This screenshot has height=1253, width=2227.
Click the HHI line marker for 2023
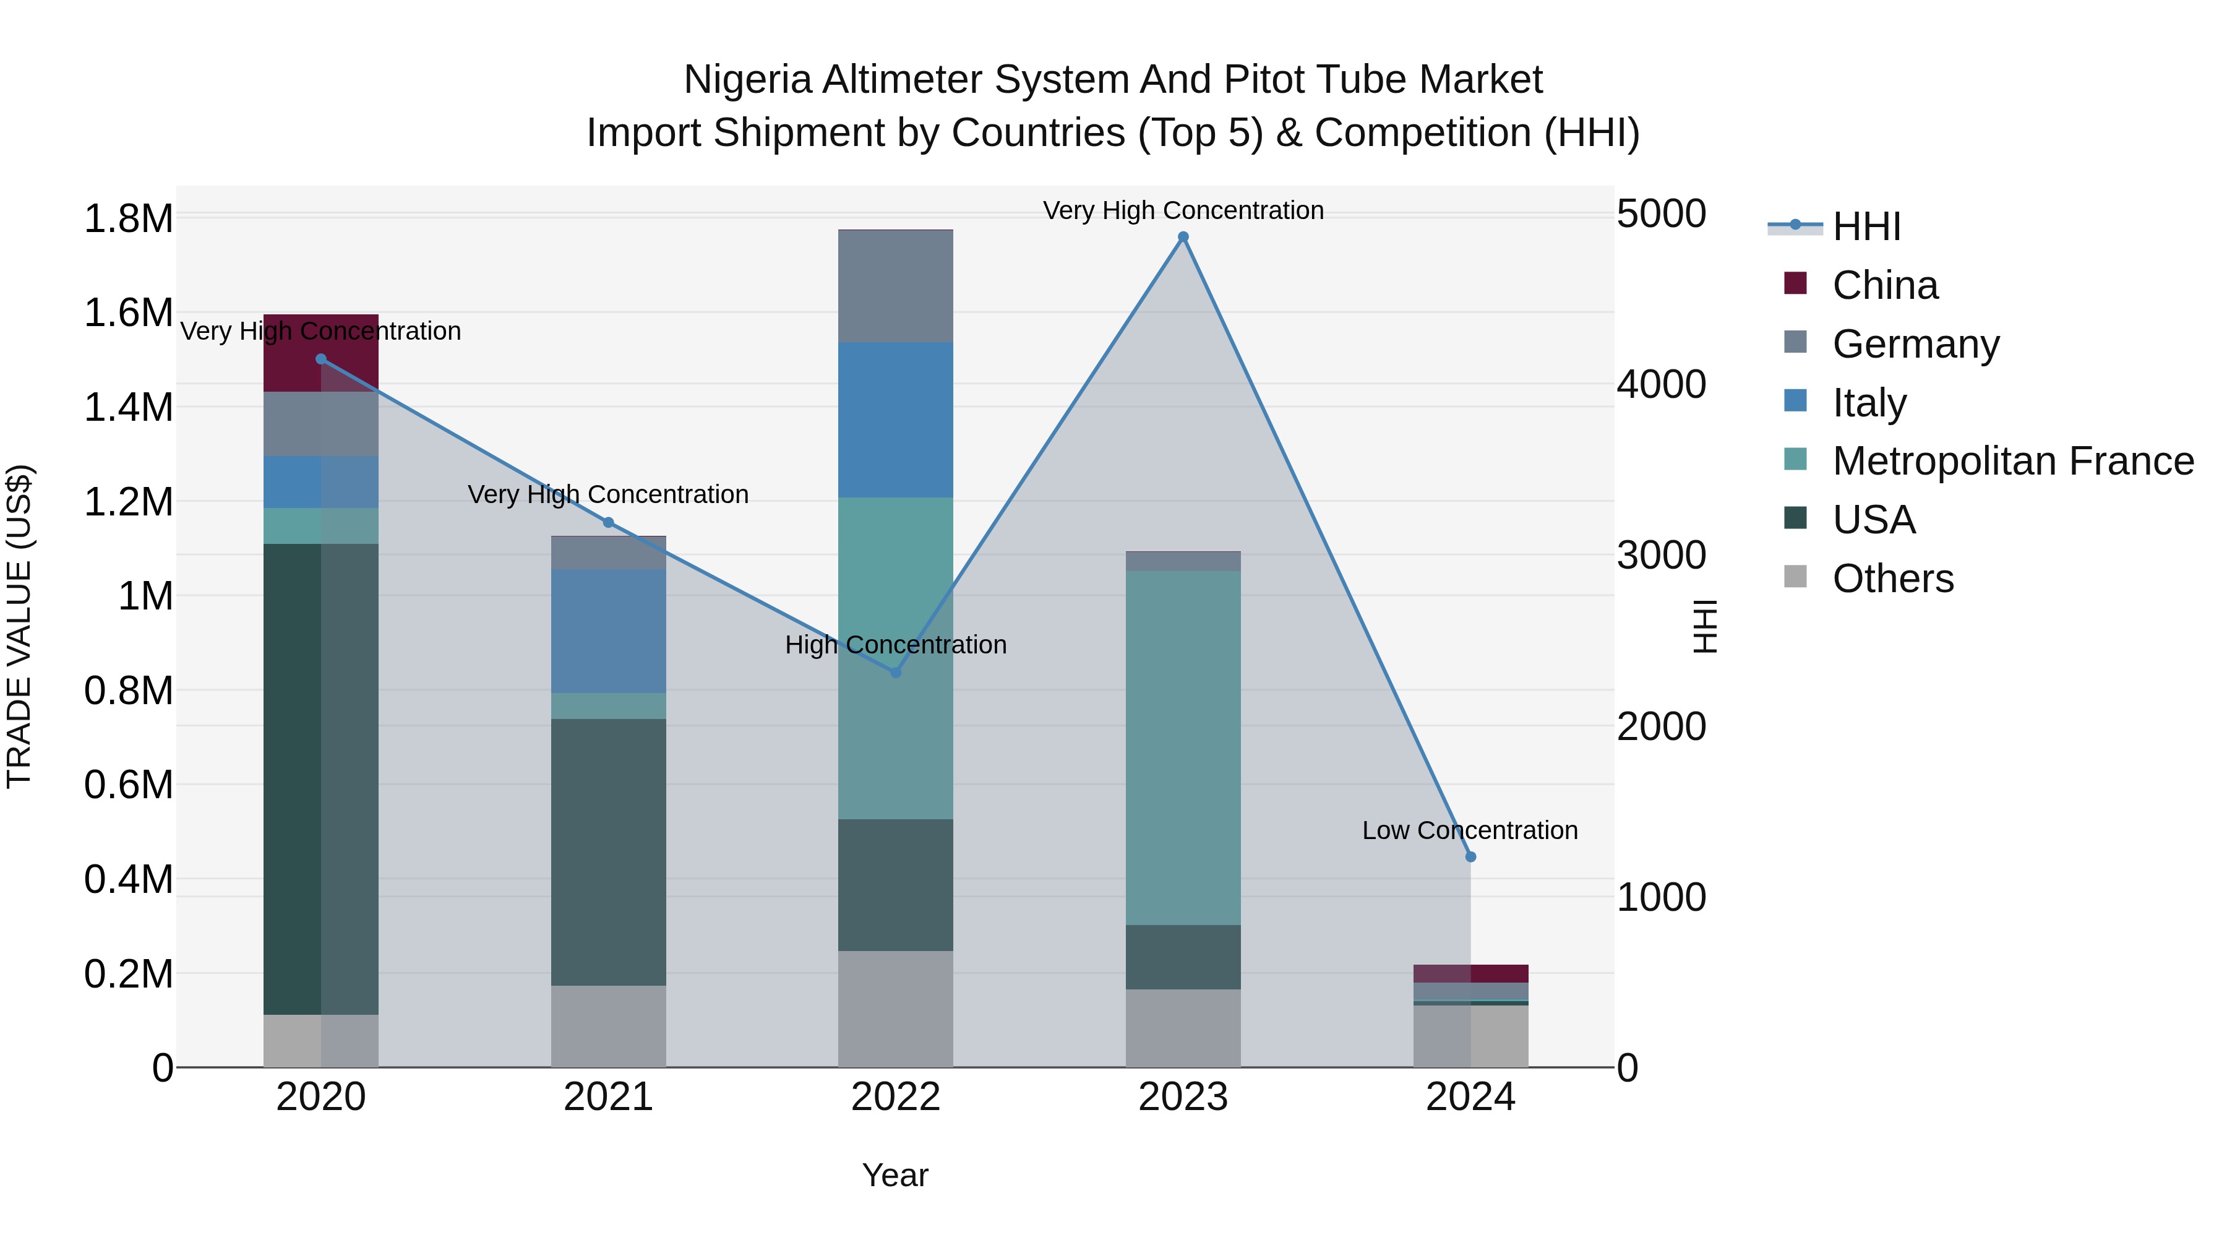tap(1183, 237)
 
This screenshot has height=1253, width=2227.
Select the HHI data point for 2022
tap(896, 672)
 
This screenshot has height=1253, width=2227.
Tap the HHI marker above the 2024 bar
tap(1470, 856)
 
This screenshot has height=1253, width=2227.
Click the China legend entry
tap(1885, 285)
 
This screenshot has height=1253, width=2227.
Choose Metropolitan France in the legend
tap(2012, 461)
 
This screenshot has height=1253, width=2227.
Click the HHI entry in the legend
tap(1866, 226)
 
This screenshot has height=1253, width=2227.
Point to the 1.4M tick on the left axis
tap(128, 407)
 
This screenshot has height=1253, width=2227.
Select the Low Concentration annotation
tap(1470, 830)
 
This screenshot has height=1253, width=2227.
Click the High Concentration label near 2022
tap(896, 645)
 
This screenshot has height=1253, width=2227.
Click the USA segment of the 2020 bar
tap(320, 778)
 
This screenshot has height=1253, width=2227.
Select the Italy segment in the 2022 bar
tap(896, 420)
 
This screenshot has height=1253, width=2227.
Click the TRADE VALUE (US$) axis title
tap(19, 626)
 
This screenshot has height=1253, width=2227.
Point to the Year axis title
tap(895, 1175)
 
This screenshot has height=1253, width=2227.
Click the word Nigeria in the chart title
tap(747, 80)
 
